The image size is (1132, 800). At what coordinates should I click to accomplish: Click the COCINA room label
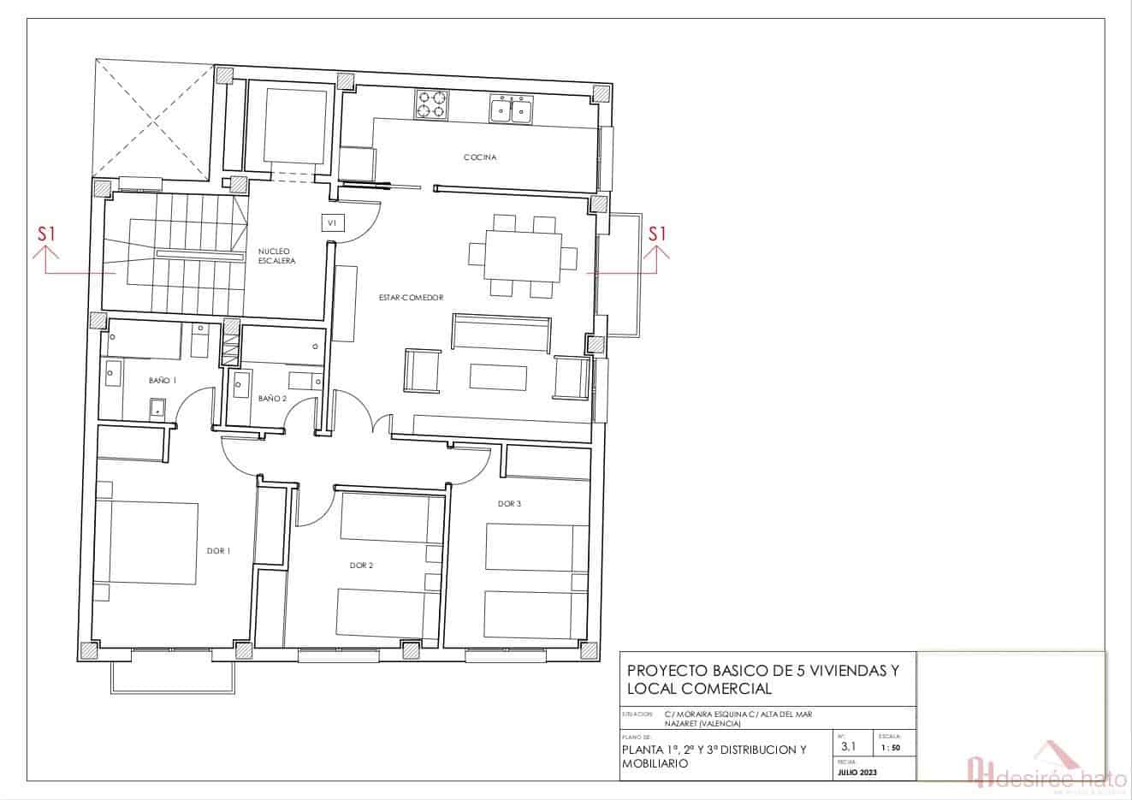[480, 157]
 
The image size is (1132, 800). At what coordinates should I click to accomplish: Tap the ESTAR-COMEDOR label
[412, 298]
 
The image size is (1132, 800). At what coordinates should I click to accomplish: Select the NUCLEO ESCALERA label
[277, 256]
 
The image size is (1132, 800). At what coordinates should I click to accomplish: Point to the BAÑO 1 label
[163, 381]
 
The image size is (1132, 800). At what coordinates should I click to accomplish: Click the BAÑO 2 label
[272, 399]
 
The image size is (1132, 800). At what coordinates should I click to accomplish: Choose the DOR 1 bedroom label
[218, 551]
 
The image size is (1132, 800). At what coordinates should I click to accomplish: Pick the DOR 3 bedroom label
[509, 504]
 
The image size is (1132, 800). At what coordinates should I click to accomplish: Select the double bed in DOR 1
[145, 542]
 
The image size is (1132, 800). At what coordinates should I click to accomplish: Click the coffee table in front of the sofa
[498, 377]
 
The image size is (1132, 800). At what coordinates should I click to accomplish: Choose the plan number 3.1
[848, 746]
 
